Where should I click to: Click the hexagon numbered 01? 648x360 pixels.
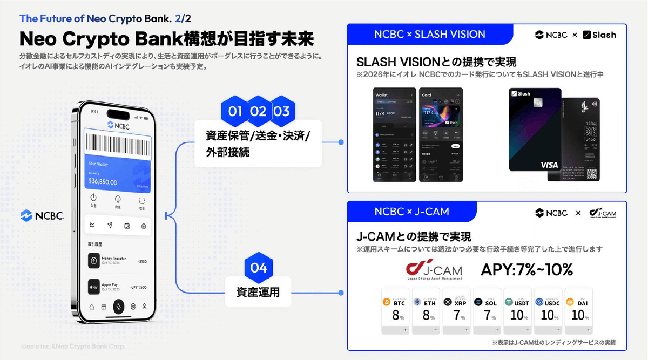[x=235, y=112]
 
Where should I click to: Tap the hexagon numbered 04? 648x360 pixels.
[x=259, y=268]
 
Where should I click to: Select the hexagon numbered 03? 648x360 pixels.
[x=281, y=112]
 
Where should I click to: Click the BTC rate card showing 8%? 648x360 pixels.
[x=395, y=310]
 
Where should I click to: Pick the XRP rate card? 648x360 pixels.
[x=456, y=310]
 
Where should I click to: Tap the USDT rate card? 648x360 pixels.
[x=517, y=310]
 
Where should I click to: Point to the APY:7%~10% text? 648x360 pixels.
[x=526, y=269]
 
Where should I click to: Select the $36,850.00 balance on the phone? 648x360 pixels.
[x=104, y=182]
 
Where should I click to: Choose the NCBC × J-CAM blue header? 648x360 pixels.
[x=412, y=212]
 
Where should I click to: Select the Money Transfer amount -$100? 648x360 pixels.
[x=142, y=262]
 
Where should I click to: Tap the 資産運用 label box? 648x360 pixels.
[x=258, y=293]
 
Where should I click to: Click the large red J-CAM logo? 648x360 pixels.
[x=434, y=269]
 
